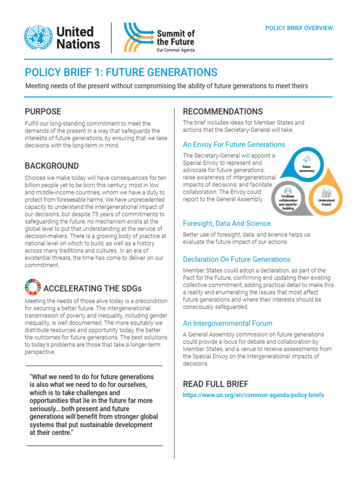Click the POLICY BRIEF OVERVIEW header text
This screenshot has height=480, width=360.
click(x=299, y=28)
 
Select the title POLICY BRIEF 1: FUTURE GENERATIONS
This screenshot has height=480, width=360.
click(x=121, y=72)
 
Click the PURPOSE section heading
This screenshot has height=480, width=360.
click(x=43, y=112)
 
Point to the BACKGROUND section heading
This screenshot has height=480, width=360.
click(x=52, y=166)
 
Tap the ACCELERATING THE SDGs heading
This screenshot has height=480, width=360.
click(x=92, y=288)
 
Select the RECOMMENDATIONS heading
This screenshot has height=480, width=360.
click(x=223, y=112)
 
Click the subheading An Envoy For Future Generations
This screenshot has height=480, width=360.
click(x=233, y=144)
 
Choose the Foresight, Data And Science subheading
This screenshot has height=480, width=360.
click(x=226, y=224)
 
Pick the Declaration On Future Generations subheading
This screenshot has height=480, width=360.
click(x=236, y=259)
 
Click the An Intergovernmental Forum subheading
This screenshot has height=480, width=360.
click(x=227, y=323)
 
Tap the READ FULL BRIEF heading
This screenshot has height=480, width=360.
click(x=216, y=384)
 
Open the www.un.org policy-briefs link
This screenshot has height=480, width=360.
click(x=253, y=395)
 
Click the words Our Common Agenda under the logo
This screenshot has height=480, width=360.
click(x=175, y=50)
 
